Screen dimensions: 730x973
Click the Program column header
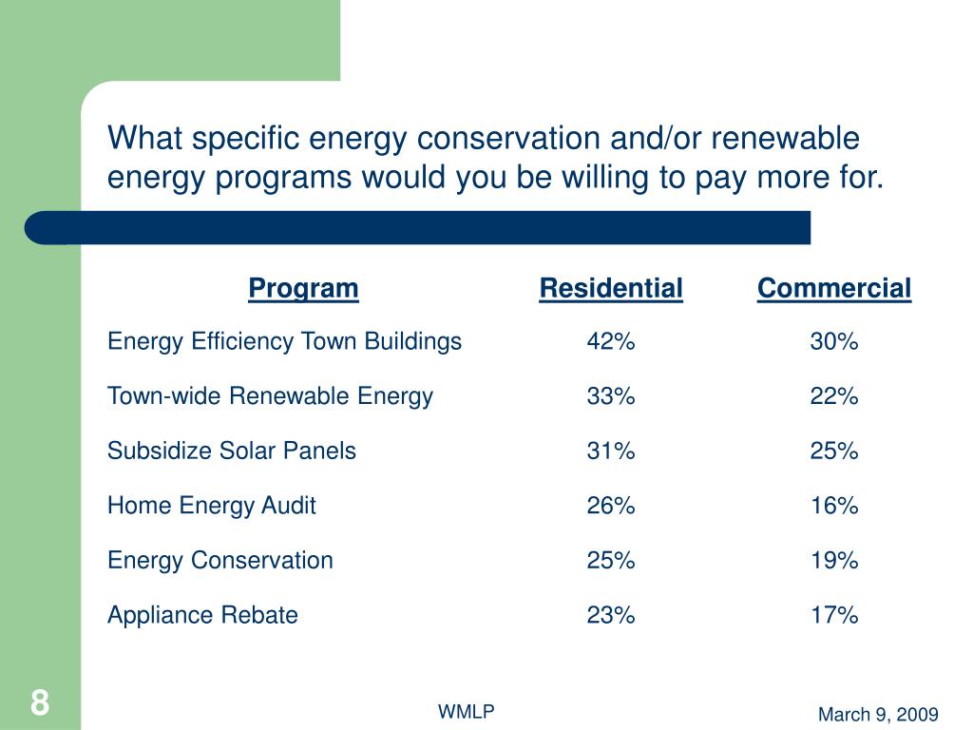[303, 288]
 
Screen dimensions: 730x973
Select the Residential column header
[611, 288]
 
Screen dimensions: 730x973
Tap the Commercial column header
[833, 288]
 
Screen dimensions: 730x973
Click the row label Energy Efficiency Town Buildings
[284, 342]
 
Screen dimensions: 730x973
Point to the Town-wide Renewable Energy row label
[270, 396]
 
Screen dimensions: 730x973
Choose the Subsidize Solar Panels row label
[232, 451]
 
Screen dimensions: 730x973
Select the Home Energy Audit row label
[211, 506]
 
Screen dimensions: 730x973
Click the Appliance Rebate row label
[202, 615]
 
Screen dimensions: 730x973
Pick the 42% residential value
[610, 342]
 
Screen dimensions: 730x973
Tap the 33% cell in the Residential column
[610, 396]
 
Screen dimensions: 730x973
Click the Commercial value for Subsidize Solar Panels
[834, 451]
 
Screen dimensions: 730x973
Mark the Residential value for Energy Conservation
[610, 561]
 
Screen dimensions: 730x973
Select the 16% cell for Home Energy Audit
[834, 506]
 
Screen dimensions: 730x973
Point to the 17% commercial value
[834, 615]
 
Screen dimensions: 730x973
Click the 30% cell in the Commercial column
[834, 342]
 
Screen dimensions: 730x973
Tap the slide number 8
[39, 704]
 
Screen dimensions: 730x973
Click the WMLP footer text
[466, 712]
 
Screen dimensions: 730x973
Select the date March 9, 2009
[878, 715]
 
